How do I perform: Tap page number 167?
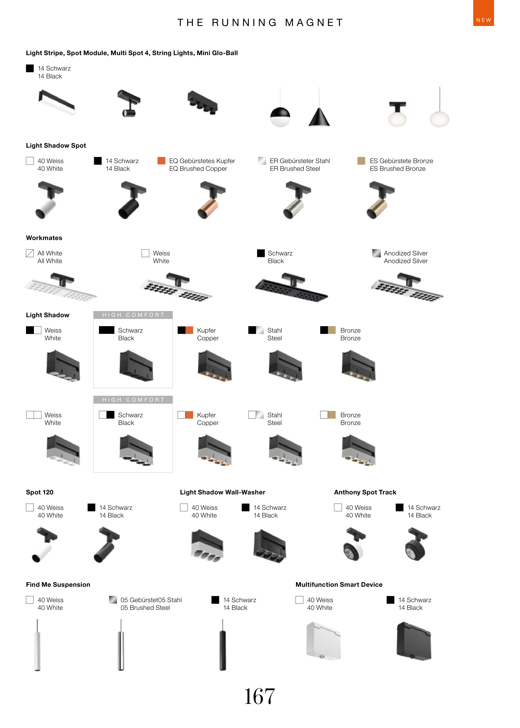259,696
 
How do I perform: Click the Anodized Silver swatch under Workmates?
376,253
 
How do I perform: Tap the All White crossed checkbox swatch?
30,253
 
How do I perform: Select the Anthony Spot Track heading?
365,492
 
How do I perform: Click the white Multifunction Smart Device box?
323,641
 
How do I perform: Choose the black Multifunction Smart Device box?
414,641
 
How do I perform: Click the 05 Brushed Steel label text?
145,608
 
